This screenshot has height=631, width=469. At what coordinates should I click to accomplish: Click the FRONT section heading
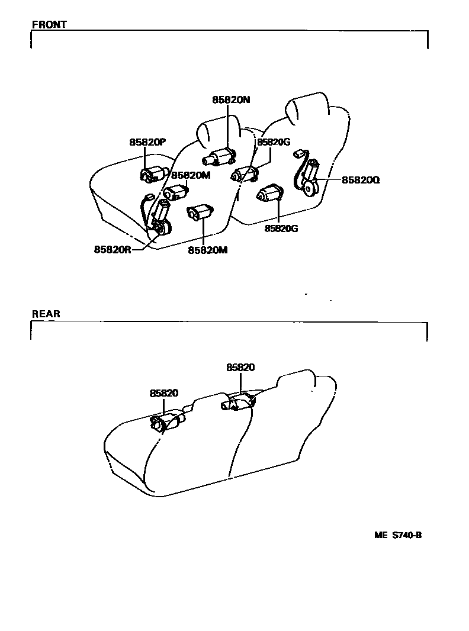click(x=49, y=25)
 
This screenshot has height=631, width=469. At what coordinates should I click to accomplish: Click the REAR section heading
click(x=46, y=314)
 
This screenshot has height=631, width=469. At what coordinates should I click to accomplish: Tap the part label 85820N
click(x=231, y=100)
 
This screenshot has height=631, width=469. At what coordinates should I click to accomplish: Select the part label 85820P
click(x=147, y=142)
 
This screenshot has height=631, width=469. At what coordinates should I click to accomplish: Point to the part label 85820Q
click(x=360, y=180)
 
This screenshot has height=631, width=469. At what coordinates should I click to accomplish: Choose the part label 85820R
click(x=113, y=249)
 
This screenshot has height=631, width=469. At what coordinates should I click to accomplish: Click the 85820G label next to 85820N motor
click(x=273, y=142)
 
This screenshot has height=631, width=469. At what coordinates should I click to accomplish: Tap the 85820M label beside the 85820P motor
click(x=191, y=175)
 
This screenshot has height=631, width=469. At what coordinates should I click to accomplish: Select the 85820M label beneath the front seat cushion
click(x=208, y=250)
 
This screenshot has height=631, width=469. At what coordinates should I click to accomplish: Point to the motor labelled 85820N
click(x=220, y=157)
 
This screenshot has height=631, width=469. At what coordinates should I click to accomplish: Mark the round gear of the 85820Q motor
click(x=309, y=189)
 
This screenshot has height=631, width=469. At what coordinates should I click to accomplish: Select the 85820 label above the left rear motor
click(x=164, y=393)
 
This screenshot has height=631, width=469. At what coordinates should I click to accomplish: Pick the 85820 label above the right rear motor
click(x=240, y=368)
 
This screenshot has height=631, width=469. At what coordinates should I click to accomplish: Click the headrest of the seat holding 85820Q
click(x=307, y=106)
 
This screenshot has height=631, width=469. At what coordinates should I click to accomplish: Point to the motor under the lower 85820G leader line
click(x=269, y=193)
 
